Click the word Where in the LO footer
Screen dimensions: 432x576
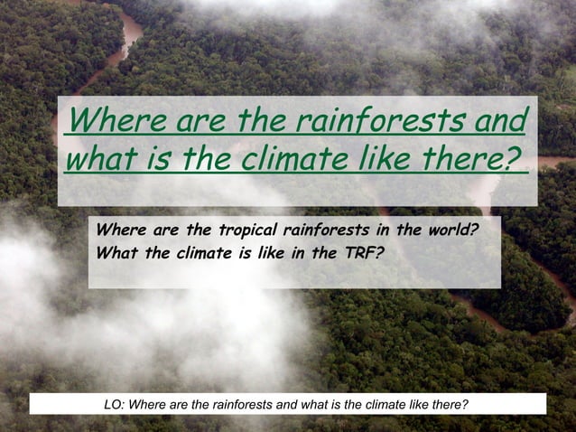point(148,404)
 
